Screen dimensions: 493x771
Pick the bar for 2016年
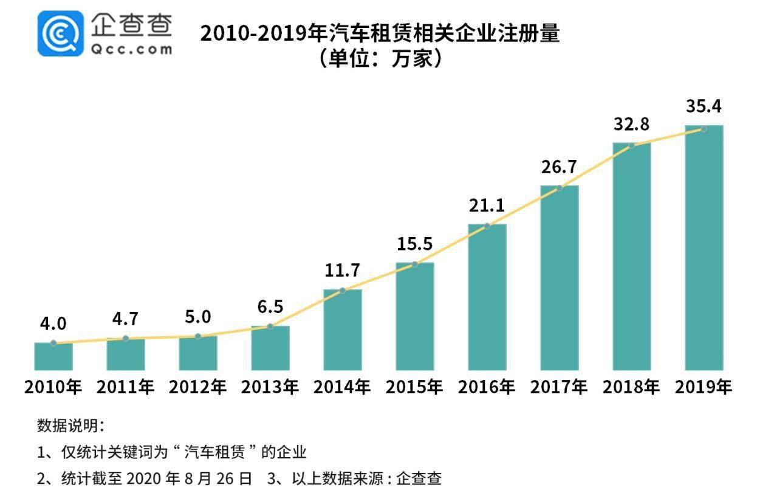487,297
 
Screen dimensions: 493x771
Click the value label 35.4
704,106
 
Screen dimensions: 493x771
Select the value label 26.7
559,167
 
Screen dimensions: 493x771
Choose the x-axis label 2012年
197,387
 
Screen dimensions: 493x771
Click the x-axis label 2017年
559,387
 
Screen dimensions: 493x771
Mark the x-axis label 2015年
414,387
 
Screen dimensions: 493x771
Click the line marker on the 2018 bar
632,145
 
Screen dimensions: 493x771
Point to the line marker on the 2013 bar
270,326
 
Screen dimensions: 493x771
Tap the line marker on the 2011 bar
126,338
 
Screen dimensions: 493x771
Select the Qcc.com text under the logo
131,50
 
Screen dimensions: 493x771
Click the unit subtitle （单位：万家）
380,59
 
